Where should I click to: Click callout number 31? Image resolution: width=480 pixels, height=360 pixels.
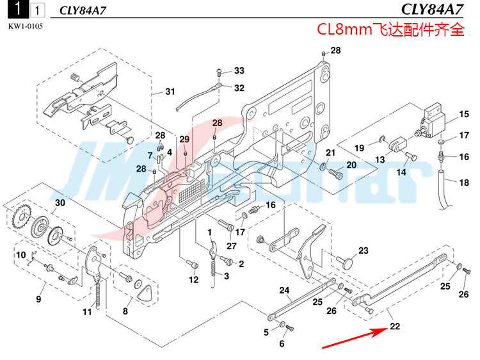(x=170, y=92)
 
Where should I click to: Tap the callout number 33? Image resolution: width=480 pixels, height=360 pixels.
(x=239, y=70)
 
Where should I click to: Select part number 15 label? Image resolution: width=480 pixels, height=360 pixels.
(x=463, y=116)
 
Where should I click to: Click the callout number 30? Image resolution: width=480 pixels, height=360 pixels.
(x=60, y=203)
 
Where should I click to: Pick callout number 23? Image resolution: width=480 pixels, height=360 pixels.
(x=363, y=250)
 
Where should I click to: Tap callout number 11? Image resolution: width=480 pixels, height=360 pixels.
(x=87, y=312)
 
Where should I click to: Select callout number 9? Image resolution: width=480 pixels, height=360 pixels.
(x=38, y=299)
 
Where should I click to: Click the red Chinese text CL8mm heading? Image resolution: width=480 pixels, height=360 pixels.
(x=391, y=30)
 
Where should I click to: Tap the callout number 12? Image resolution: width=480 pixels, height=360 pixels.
(x=193, y=279)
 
